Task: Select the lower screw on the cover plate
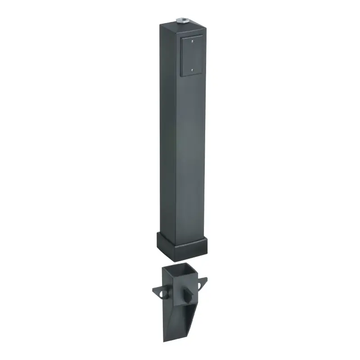click(x=192, y=70)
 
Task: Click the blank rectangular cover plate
click(x=192, y=56)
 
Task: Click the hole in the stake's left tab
click(x=160, y=293)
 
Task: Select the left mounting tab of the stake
click(x=158, y=292)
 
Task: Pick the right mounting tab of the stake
click(x=202, y=283)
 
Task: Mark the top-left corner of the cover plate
click(x=180, y=37)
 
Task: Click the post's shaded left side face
click(x=166, y=135)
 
